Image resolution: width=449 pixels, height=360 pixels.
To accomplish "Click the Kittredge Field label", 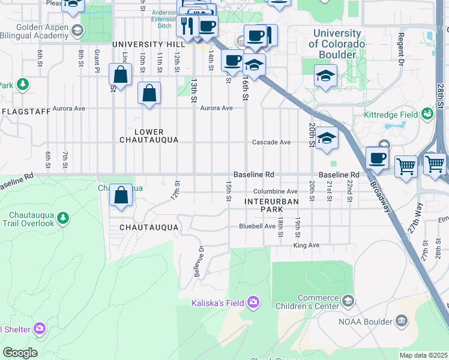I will pyautogui.click(x=390, y=114).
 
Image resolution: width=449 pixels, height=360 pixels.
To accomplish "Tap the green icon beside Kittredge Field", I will pyautogui.click(x=427, y=113).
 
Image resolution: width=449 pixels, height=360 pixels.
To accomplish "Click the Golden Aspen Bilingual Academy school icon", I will pyautogui.click(x=77, y=30).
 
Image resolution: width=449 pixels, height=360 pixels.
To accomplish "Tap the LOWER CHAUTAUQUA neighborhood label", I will pyautogui.click(x=149, y=136).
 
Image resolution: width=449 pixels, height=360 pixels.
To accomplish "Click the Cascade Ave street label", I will pyautogui.click(x=271, y=142).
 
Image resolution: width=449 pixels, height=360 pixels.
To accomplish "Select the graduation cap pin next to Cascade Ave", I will pyautogui.click(x=326, y=139).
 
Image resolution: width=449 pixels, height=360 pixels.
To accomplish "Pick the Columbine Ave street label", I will pyautogui.click(x=279, y=191).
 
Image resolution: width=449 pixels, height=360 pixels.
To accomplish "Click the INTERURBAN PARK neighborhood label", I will pyautogui.click(x=271, y=206).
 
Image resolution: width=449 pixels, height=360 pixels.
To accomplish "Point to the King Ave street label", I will pyautogui.click(x=306, y=245).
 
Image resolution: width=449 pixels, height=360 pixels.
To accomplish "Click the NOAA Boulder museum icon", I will pyautogui.click(x=400, y=321).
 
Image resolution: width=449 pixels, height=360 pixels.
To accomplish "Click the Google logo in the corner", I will pyautogui.click(x=20, y=353).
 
